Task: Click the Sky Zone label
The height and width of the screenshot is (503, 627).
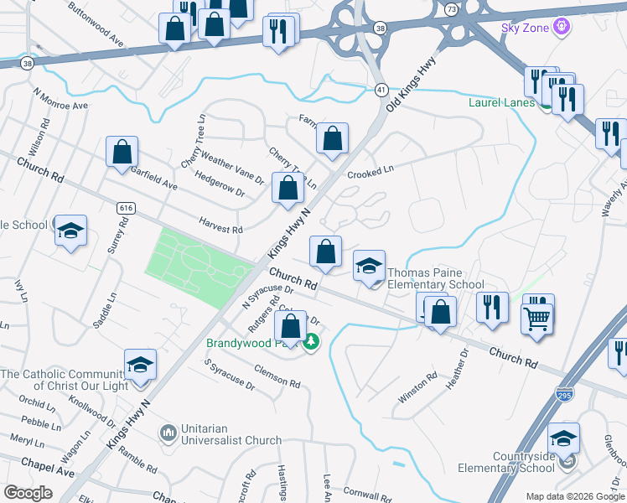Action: (x=525, y=28)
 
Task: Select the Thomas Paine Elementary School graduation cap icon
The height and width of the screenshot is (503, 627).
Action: (x=369, y=267)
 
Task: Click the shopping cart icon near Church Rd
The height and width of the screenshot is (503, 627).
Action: (x=537, y=317)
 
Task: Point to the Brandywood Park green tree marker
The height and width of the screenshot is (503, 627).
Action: (x=311, y=342)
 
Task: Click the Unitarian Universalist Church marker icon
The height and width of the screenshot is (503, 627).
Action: (x=168, y=433)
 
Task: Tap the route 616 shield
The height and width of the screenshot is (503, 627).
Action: (x=127, y=207)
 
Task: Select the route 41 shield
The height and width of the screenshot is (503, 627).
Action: (x=381, y=89)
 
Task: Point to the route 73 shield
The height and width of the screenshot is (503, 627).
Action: (x=452, y=8)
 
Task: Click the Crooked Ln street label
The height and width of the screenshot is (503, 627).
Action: (x=370, y=172)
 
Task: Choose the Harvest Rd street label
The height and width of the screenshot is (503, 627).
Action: (x=220, y=224)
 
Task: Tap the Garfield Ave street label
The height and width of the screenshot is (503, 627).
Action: (x=153, y=176)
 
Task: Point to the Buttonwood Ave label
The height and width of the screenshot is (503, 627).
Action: (x=96, y=29)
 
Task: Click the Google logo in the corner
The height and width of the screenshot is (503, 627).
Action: (x=28, y=492)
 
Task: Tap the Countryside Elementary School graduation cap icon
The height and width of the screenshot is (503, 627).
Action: (x=563, y=439)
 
